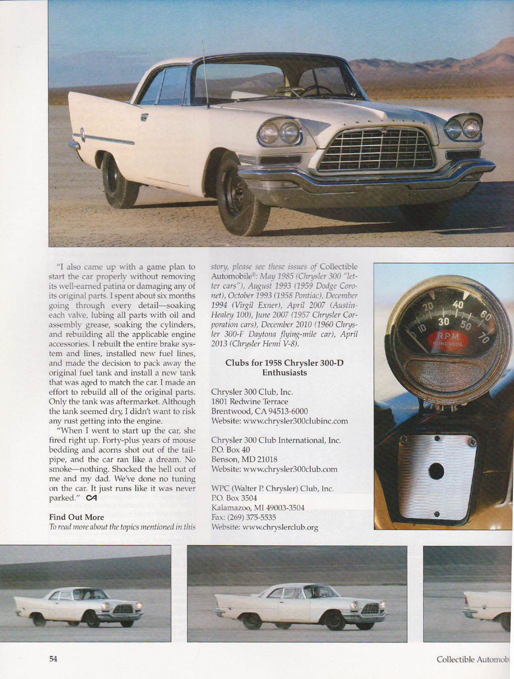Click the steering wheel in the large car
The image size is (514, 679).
point(316,90)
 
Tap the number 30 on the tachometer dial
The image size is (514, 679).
point(444,322)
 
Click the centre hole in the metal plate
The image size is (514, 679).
point(436,471)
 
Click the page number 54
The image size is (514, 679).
point(53,659)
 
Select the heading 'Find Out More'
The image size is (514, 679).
point(76,517)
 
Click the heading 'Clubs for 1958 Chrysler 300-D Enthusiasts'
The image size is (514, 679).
point(284,367)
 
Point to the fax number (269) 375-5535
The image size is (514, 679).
point(243,517)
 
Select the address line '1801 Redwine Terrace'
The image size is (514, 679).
point(249,402)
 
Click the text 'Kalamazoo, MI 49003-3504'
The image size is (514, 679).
point(258,508)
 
